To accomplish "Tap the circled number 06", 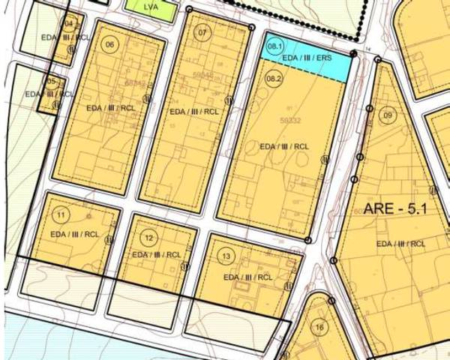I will pos(110,44).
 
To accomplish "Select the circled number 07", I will pos(202,33).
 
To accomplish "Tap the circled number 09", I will pos(388,115).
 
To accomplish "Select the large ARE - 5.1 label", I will pos(394,208).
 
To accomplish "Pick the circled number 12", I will pos(151,238).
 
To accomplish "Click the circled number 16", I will pos(319,327).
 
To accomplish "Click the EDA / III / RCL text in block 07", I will pos(195,111).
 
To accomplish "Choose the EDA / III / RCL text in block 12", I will pos(157,255).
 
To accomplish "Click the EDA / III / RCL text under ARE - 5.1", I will pos(401,244).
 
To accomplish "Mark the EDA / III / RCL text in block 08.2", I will pos(284,146).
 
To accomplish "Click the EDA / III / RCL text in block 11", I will pos(76,235).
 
